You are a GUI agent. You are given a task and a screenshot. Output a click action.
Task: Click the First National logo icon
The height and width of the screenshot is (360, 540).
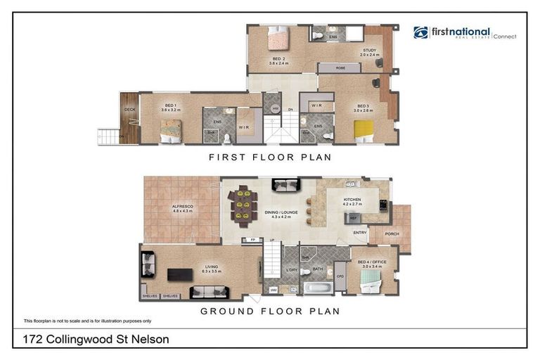[x=420, y=32]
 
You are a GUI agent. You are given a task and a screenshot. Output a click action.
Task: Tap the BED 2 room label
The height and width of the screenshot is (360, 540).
[x=278, y=59]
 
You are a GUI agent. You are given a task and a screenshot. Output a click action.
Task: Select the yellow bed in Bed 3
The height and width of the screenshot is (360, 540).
[x=363, y=129]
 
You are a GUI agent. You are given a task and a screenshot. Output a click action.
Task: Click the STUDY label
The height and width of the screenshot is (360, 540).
[x=369, y=51]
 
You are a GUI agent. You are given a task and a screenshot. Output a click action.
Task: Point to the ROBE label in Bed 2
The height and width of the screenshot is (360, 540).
[x=340, y=68]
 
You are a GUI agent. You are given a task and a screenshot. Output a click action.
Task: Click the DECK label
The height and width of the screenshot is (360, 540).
[x=129, y=110]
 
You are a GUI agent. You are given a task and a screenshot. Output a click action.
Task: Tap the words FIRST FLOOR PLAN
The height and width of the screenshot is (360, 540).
[x=269, y=157]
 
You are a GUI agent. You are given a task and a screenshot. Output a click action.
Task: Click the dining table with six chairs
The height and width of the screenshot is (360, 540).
[x=243, y=206]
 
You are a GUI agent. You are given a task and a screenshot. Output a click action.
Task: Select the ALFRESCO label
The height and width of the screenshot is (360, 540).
[x=182, y=207]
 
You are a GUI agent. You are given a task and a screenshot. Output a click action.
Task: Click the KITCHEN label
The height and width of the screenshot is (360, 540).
[x=352, y=200]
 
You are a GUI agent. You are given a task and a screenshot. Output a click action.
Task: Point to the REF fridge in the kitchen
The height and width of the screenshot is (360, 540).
[x=353, y=219]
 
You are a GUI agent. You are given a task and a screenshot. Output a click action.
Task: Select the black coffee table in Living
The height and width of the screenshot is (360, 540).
[x=180, y=274]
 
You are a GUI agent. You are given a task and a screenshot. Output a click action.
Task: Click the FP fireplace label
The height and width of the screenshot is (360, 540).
[x=252, y=240]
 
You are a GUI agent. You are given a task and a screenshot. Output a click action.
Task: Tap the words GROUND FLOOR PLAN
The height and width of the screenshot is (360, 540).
[x=270, y=311]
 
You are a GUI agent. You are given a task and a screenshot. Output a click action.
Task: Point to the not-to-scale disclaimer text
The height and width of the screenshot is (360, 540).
[x=78, y=321]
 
